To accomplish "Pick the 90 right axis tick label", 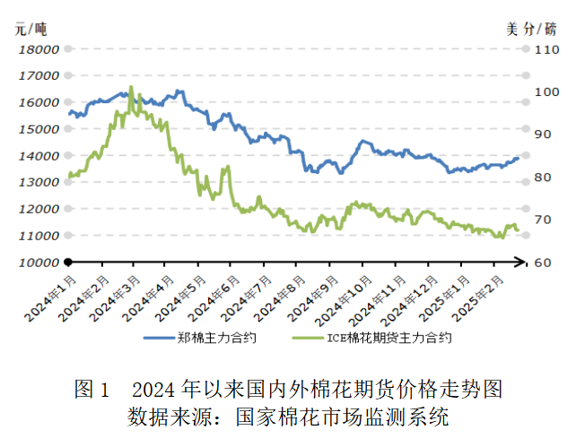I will pyautogui.click(x=545, y=135).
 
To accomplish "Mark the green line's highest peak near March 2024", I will pyautogui.click(x=131, y=87).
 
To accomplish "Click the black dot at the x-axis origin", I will pyautogui.click(x=67, y=262).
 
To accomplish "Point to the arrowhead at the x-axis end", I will pyautogui.click(x=526, y=262).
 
